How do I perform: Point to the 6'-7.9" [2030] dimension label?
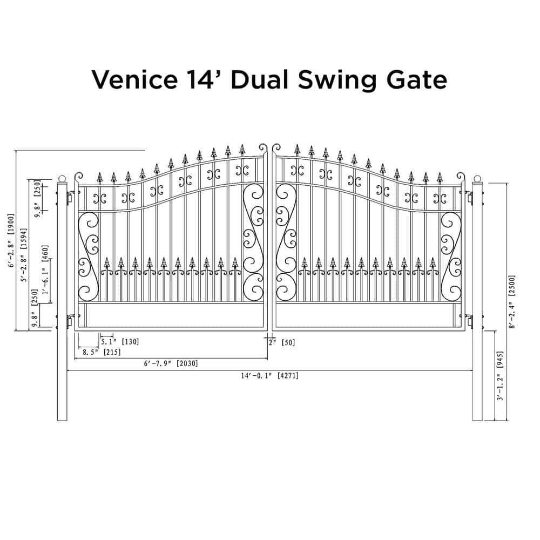171,364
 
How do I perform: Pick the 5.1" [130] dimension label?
119,341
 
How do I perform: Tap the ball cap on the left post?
62,179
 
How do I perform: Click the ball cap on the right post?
477,179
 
